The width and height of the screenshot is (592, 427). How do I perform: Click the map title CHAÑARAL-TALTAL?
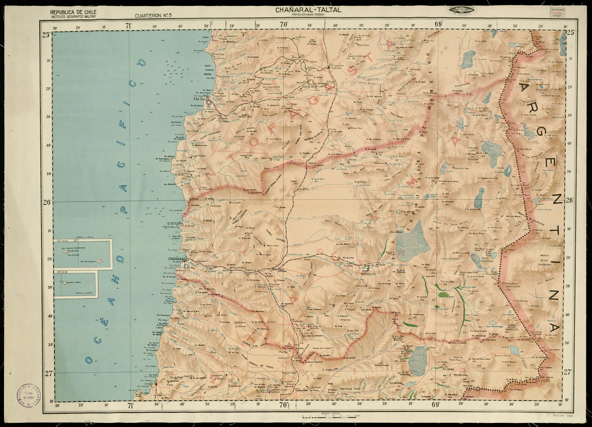pyautogui.click(x=308, y=10)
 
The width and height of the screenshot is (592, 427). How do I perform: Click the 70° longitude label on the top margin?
pyautogui.click(x=284, y=25)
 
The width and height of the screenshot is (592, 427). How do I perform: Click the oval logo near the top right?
pyautogui.click(x=462, y=10)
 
